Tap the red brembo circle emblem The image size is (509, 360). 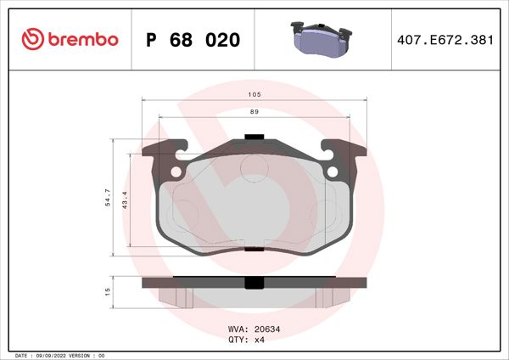[x=32, y=40]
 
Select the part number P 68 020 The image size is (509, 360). [x=193, y=41]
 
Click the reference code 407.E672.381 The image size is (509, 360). [x=445, y=41]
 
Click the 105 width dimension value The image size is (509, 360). [x=254, y=95]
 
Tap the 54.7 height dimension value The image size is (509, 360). [x=107, y=198]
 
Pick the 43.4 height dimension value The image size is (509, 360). [x=124, y=200]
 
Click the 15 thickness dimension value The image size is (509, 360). [x=107, y=291]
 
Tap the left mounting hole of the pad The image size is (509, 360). [x=176, y=172]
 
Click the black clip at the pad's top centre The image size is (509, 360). [x=254, y=138]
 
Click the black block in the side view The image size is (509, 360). [x=254, y=284]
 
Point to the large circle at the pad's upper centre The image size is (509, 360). [x=254, y=169]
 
